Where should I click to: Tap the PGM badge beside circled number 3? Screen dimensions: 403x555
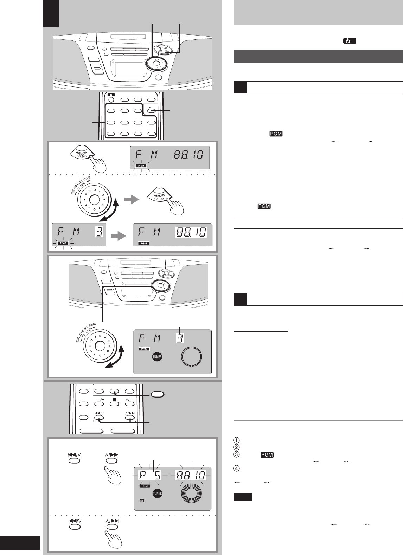tap(267, 455)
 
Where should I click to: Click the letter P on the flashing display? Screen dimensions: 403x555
tap(144, 475)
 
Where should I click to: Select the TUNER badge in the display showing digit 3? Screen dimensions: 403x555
tap(158, 357)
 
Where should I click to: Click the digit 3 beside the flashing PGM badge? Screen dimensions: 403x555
tap(99, 232)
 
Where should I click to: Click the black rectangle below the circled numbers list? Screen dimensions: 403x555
tap(242, 497)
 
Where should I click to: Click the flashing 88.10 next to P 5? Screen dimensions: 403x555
tap(191, 475)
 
